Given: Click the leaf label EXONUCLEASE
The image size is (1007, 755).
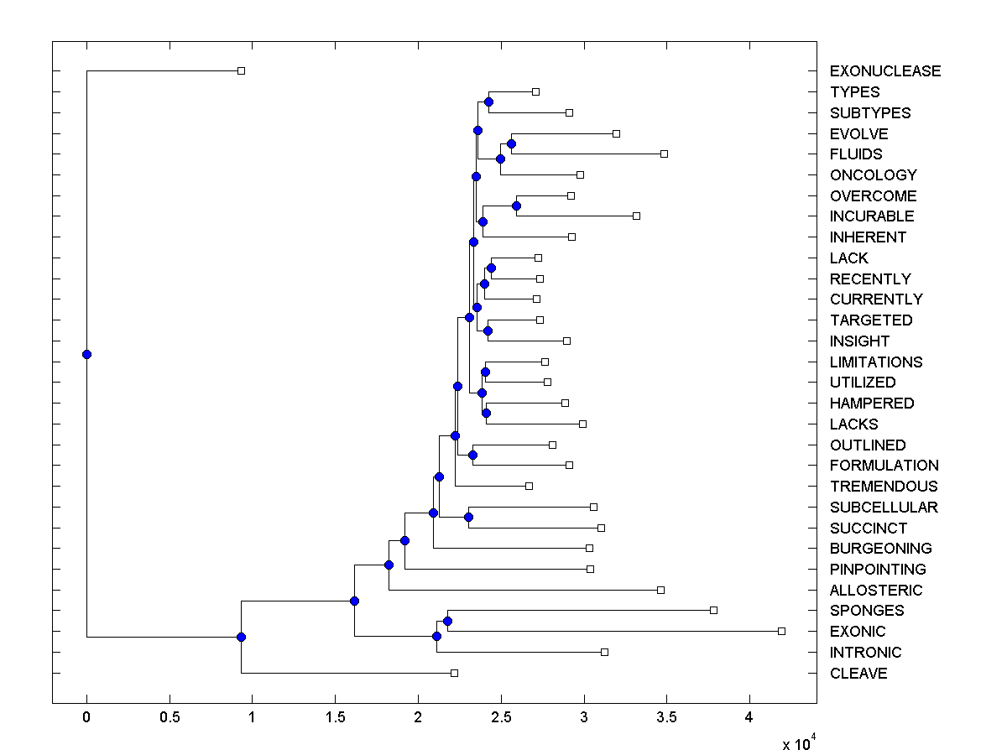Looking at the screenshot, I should click(884, 71).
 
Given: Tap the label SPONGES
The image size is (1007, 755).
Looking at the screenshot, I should click(866, 611).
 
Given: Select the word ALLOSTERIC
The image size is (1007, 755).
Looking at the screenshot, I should click(875, 590).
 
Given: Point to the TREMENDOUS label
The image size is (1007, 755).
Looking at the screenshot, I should click(883, 487).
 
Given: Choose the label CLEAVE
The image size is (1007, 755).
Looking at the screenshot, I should click(858, 674).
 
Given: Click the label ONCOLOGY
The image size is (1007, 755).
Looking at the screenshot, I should click(873, 175).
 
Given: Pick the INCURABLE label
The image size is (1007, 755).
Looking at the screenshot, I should click(872, 216).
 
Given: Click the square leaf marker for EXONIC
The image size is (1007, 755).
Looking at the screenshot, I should click(781, 631).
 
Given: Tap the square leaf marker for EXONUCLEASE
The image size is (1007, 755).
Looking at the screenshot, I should click(241, 70).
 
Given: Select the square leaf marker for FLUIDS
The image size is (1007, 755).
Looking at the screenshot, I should click(664, 154).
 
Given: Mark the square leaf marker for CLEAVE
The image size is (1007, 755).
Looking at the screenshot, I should click(454, 673).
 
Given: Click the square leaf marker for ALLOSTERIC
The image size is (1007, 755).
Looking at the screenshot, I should click(660, 590).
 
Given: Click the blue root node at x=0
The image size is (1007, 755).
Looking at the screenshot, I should click(86, 354).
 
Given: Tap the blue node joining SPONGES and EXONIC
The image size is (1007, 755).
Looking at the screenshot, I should click(447, 621).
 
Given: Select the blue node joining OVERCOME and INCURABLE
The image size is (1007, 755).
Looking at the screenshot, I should click(516, 206).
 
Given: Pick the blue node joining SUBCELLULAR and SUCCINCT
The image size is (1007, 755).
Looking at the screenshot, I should click(468, 517).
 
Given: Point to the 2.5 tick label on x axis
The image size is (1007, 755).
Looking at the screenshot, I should click(501, 720).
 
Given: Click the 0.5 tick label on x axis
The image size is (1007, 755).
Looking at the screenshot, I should click(170, 720).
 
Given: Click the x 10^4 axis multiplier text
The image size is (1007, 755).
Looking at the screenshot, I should click(798, 743).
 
